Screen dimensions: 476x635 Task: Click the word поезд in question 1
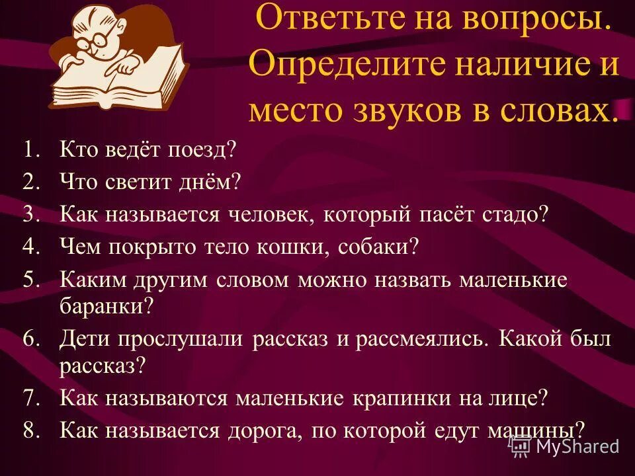click(x=197, y=150)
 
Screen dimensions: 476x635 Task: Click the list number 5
click(x=32, y=279)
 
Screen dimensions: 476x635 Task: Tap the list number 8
click(x=32, y=430)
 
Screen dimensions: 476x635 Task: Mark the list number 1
click(x=32, y=150)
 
